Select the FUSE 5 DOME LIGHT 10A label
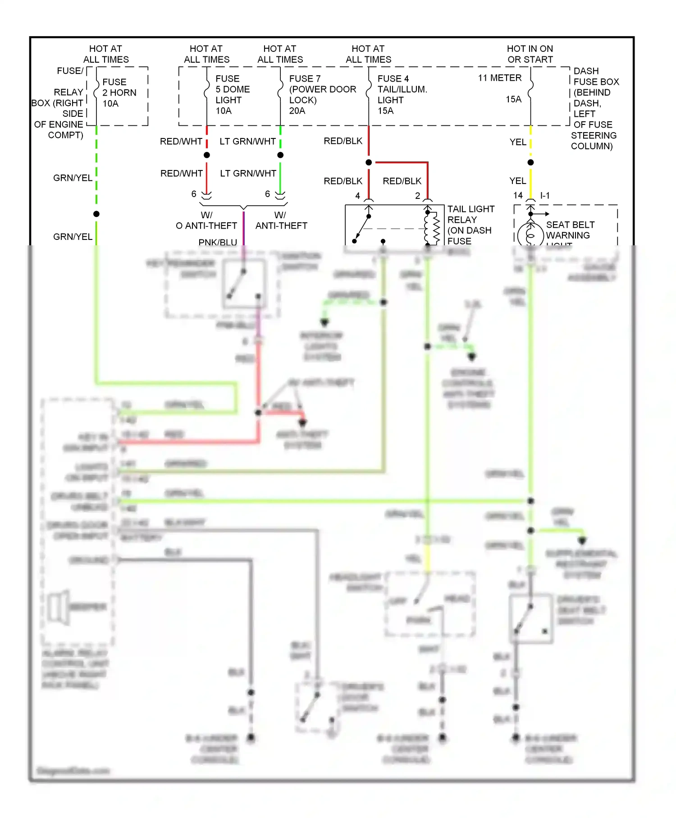232,94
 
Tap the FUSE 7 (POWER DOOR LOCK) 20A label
322,94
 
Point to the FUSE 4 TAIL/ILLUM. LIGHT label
402,94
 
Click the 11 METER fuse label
499,78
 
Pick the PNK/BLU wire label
218,242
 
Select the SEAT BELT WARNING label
570,230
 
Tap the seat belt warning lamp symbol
530,235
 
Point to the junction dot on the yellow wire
530,162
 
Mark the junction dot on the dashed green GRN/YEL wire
96,214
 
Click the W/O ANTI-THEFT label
206,221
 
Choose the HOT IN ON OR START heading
530,54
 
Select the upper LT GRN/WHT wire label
247,142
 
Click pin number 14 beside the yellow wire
518,195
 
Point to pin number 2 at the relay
418,195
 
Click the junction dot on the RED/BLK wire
369,162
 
